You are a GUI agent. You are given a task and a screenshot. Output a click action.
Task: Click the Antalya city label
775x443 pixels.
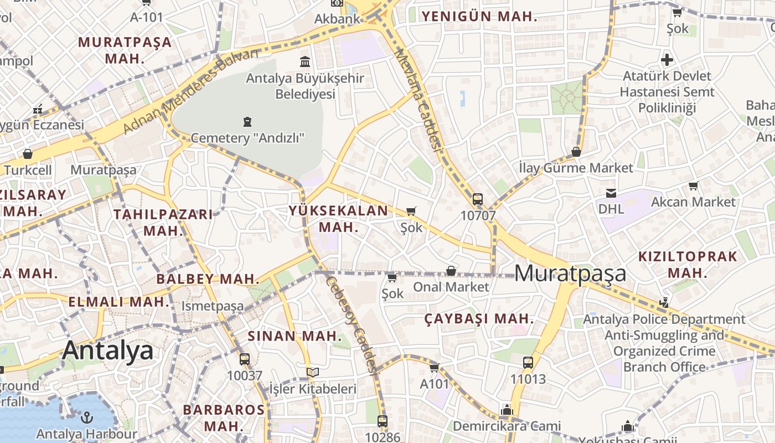[108, 351]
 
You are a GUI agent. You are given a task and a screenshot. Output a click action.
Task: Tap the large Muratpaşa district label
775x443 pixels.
[570, 273]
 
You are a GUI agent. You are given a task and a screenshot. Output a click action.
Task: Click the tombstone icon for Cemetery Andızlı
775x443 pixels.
[247, 121]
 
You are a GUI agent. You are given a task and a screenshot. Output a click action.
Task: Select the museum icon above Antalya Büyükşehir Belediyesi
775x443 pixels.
[304, 61]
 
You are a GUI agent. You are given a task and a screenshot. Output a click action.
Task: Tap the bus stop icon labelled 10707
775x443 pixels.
[478, 199]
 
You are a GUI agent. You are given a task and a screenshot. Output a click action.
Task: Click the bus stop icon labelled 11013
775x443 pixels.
[528, 363]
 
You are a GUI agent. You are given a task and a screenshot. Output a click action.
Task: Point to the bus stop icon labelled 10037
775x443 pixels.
[245, 359]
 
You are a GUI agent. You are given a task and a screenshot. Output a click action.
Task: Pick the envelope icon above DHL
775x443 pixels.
[611, 193]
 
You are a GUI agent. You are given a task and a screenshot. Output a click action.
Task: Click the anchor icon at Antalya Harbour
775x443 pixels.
[86, 418]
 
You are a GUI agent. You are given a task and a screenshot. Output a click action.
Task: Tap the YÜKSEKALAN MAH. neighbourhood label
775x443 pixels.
[338, 219]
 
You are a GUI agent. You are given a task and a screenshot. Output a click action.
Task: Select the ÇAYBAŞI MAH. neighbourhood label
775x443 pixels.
[479, 319]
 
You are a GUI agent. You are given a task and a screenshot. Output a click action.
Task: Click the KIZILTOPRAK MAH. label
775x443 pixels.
[688, 264]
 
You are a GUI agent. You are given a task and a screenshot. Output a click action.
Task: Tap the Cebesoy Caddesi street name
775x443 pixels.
[352, 324]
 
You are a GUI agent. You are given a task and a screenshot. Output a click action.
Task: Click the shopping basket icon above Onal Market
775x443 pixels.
[451, 271]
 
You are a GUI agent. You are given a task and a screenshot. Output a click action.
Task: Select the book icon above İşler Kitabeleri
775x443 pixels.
[313, 372]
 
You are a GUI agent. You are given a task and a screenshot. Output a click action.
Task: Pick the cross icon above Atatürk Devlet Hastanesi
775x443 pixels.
[667, 59]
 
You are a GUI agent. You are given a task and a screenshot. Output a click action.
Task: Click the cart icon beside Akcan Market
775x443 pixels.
[693, 186]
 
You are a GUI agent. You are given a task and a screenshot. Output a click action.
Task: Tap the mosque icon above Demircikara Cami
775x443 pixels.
[507, 410]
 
